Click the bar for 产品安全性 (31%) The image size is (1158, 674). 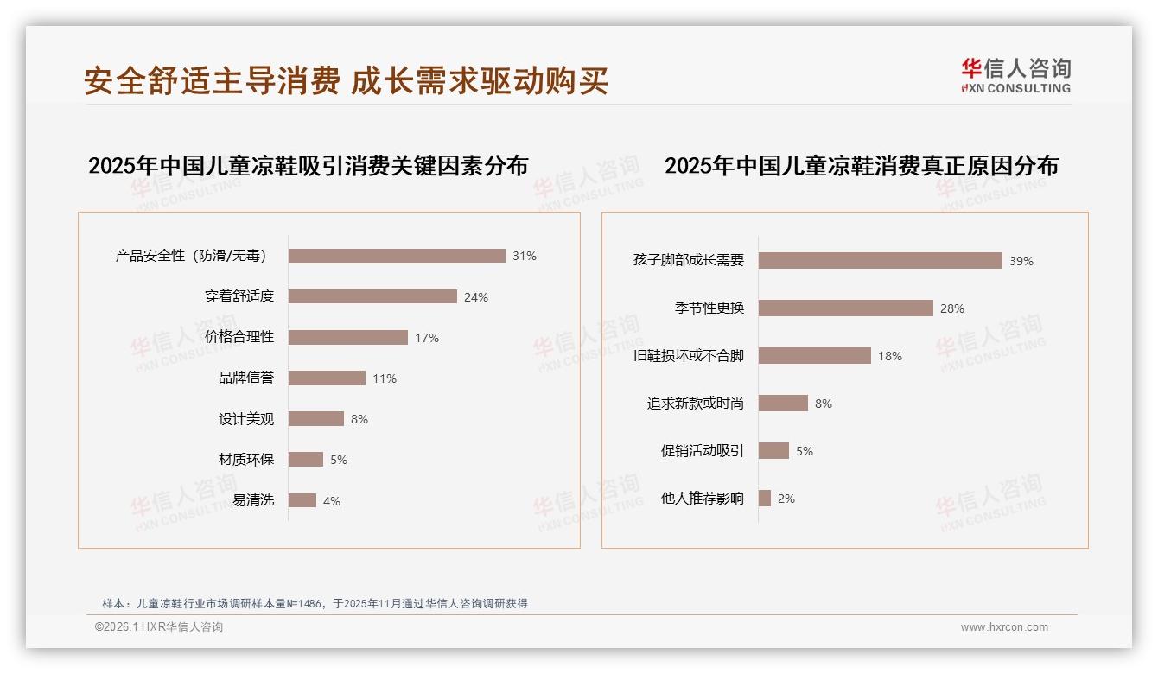click(x=397, y=256)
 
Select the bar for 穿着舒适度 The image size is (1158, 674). click(x=372, y=296)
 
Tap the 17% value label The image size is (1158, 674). click(x=427, y=338)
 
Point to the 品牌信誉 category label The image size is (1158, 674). click(x=246, y=378)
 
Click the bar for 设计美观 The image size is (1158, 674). click(x=315, y=419)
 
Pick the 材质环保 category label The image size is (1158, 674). click(x=246, y=459)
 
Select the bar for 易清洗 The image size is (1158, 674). click(x=302, y=500)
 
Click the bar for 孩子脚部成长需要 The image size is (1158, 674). click(x=881, y=260)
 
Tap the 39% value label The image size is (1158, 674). click(x=1021, y=261)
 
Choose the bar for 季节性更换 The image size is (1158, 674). click(x=846, y=308)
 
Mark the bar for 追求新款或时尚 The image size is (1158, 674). click(x=783, y=403)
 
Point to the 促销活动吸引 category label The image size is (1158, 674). click(x=703, y=450)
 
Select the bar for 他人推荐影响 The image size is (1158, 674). click(x=765, y=498)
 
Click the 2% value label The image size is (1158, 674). click(x=786, y=499)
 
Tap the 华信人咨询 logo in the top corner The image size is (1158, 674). click(x=1015, y=76)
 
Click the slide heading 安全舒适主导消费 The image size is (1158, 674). click(x=212, y=80)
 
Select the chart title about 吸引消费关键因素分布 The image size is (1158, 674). click(x=308, y=165)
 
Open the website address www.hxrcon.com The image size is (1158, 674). click(x=1004, y=627)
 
